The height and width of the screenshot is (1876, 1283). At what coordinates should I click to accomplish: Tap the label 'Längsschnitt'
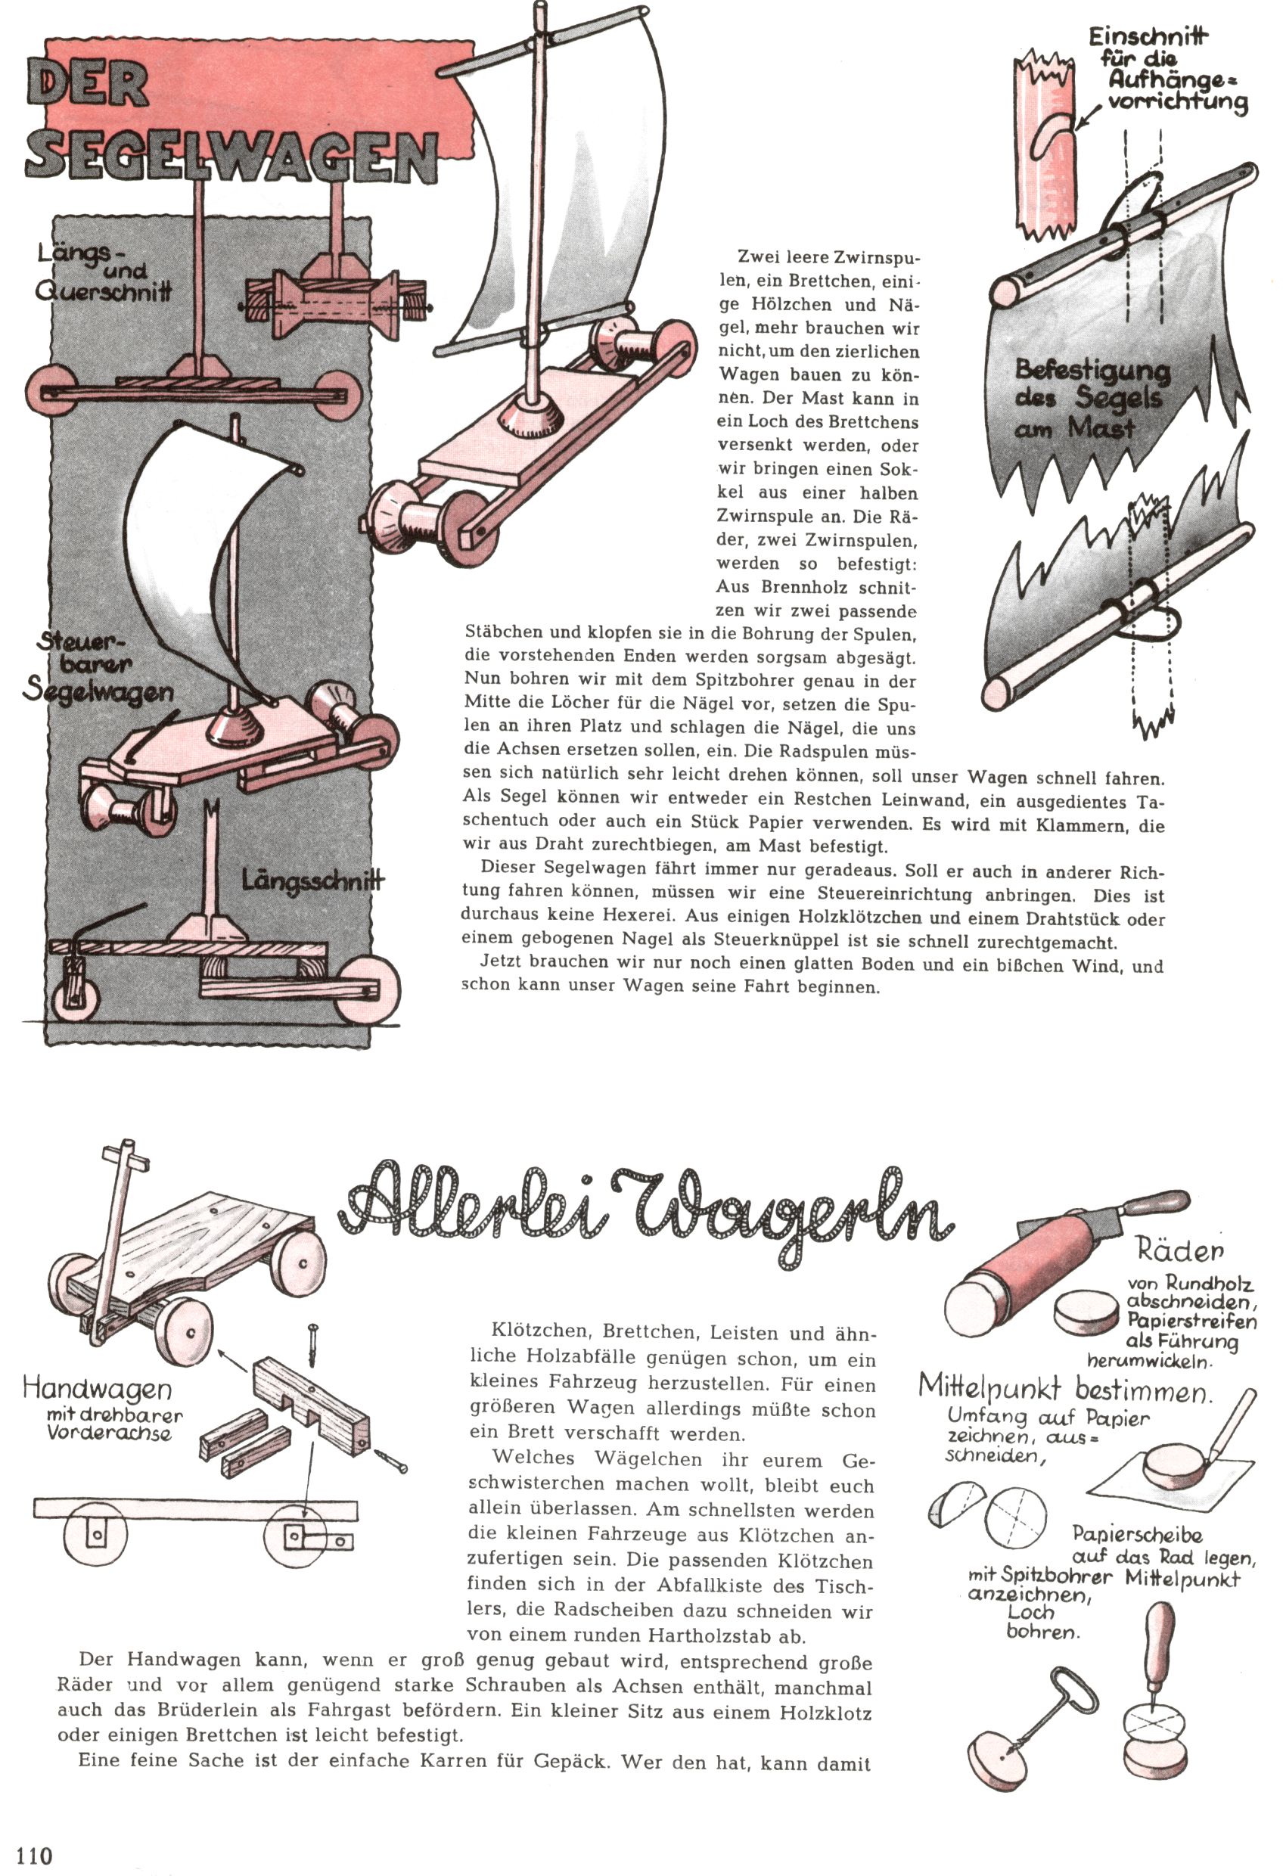pyautogui.click(x=312, y=879)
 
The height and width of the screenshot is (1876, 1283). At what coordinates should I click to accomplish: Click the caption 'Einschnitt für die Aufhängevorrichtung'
pyautogui.click(x=1167, y=70)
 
